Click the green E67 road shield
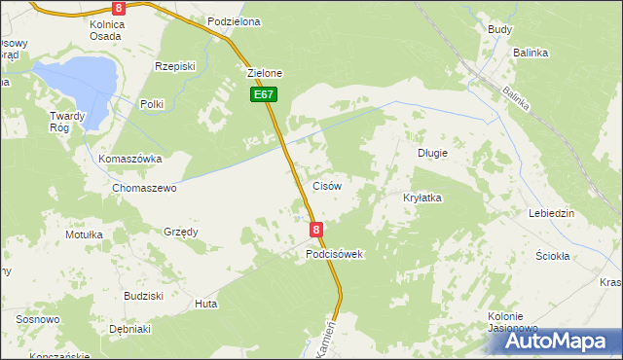pos(264,94)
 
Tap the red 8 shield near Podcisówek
pos(316,230)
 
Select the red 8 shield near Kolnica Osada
pos(119,7)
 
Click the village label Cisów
pos(325,186)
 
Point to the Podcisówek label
pos(334,254)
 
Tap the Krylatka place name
pos(422,198)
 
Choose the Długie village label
pos(432,153)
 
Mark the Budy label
pos(500,29)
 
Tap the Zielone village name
pos(265,73)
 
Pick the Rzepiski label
pos(175,66)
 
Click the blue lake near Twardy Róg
pos(76,75)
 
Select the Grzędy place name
pos(181,232)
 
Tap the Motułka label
pos(84,234)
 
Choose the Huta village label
pos(205,304)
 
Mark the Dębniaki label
pos(129,329)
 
